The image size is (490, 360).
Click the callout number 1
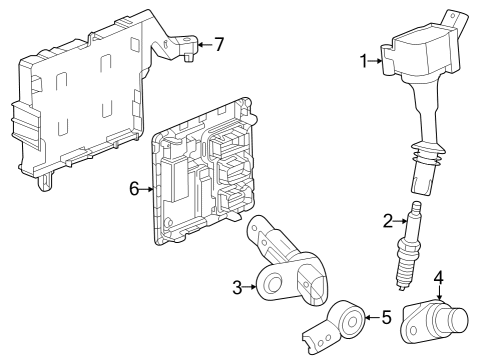[364, 61]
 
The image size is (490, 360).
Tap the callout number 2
[388, 221]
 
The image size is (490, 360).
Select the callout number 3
[237, 287]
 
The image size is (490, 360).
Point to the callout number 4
[439, 278]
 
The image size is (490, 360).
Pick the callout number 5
[386, 317]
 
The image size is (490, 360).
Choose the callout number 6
[134, 189]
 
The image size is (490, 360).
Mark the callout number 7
[219, 44]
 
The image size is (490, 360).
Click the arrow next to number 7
[205, 44]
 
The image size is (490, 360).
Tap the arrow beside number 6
[147, 189]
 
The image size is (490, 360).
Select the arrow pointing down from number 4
[439, 292]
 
